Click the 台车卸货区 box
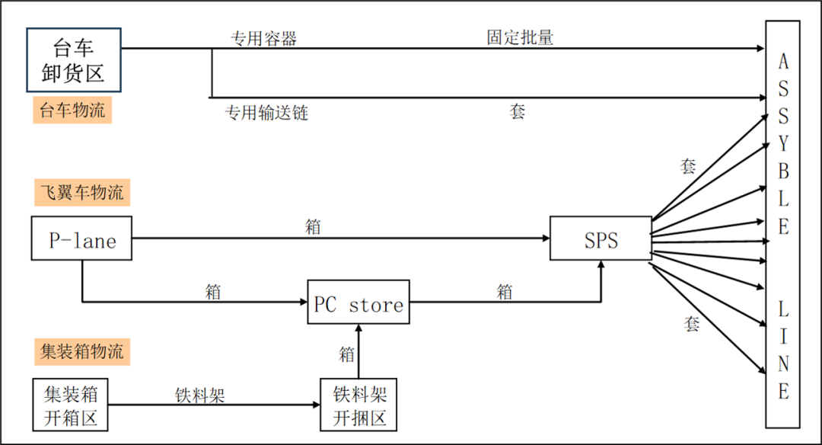click(74, 60)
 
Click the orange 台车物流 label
click(72, 110)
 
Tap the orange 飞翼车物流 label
click(81, 192)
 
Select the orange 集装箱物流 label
click(81, 351)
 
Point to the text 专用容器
click(263, 38)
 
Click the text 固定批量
click(520, 37)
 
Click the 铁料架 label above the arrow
click(200, 395)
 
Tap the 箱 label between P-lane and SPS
click(313, 226)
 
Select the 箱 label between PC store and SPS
click(504, 291)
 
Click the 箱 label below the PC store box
click(347, 354)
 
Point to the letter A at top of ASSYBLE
click(783, 62)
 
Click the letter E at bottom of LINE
click(783, 392)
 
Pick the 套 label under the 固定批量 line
click(518, 112)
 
